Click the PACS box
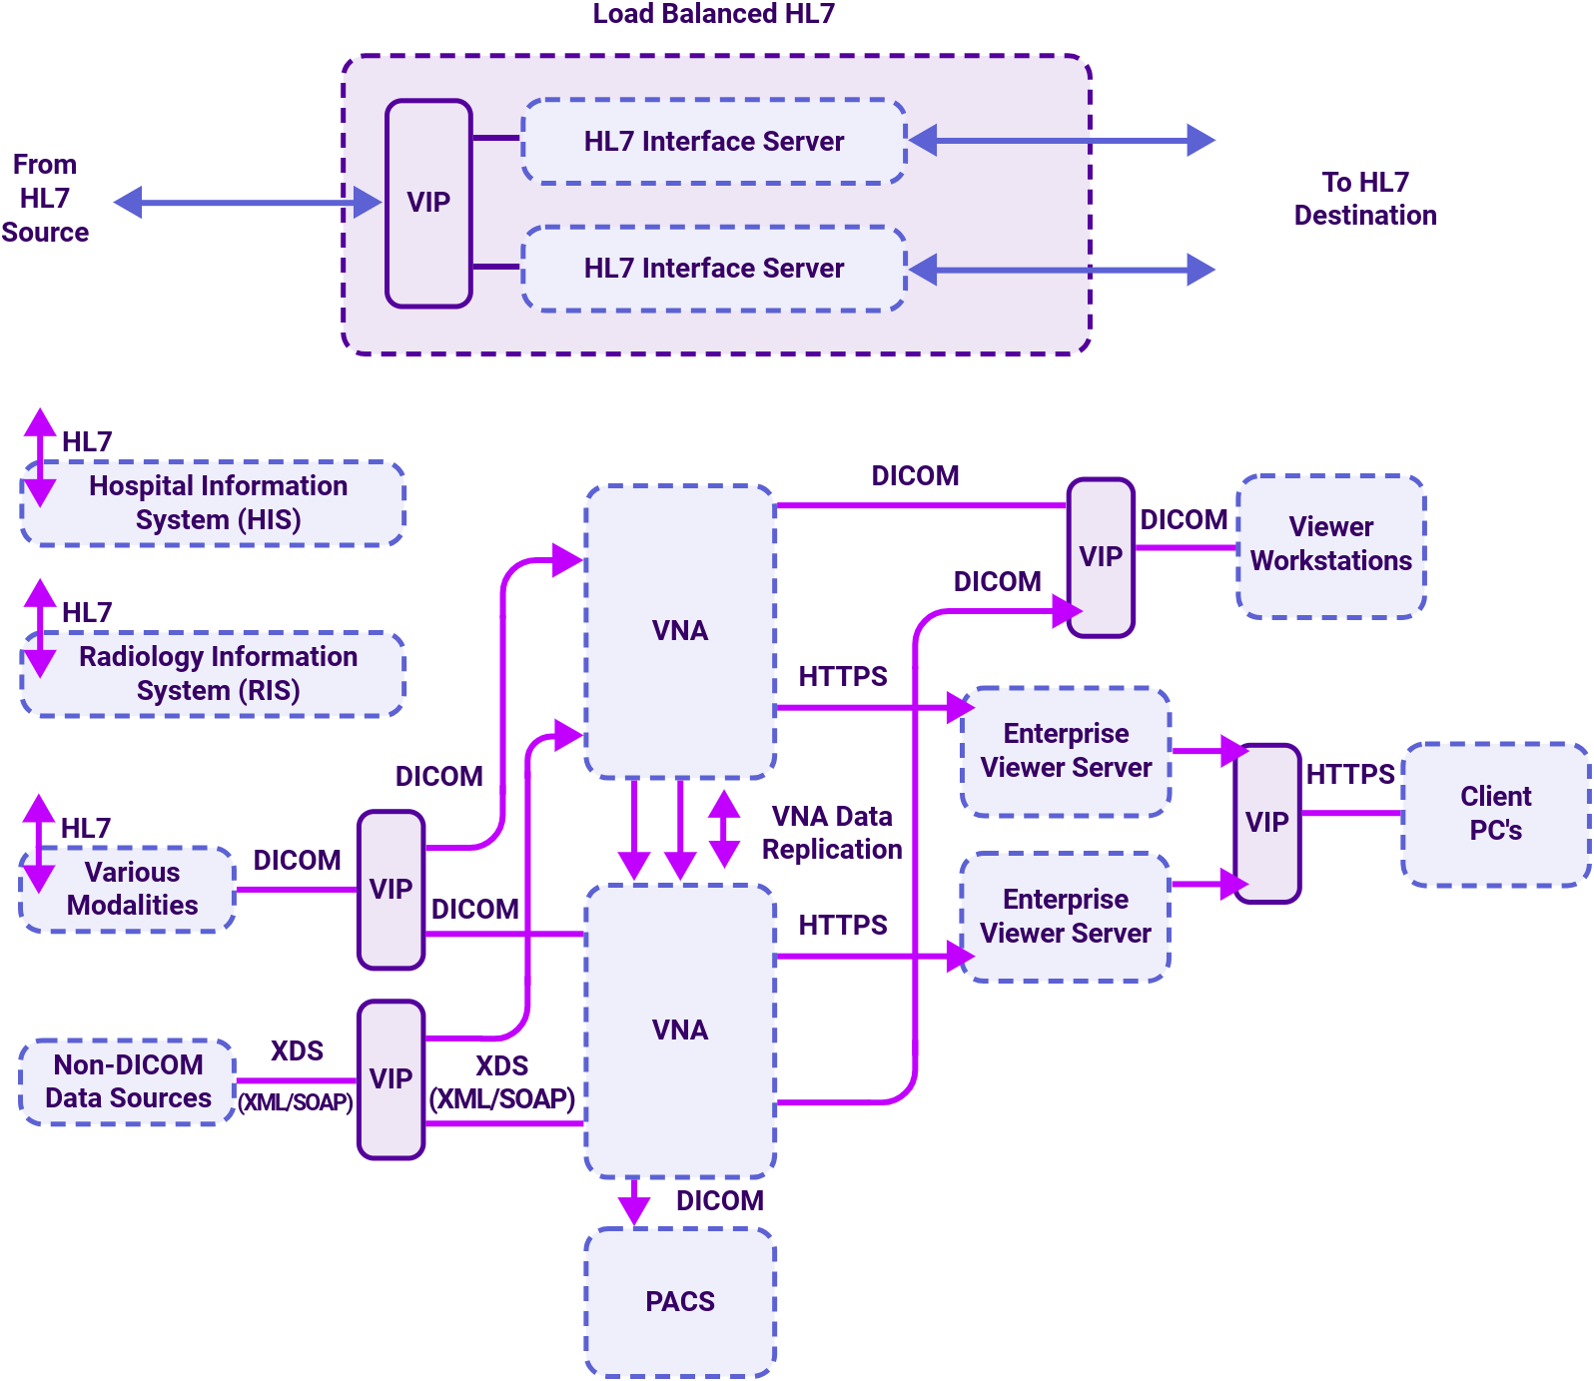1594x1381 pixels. click(x=680, y=1301)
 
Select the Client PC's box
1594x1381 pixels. click(x=1495, y=814)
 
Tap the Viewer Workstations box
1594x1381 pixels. click(x=1330, y=545)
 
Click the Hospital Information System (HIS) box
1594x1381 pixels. click(x=214, y=503)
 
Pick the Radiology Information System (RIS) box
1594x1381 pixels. click(x=214, y=674)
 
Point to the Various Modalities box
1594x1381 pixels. click(x=130, y=889)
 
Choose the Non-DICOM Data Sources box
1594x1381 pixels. click(x=128, y=1081)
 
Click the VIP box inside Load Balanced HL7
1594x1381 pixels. click(x=428, y=203)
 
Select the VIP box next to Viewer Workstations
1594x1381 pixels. click(x=1101, y=557)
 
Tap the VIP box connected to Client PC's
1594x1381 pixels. click(x=1266, y=823)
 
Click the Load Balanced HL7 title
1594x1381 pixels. click(x=713, y=14)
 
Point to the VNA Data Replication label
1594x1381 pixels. click(x=832, y=833)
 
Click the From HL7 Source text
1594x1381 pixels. click(x=45, y=198)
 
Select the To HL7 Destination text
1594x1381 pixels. click(x=1365, y=199)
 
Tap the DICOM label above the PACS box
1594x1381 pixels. click(x=719, y=1201)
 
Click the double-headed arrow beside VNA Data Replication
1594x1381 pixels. click(x=724, y=829)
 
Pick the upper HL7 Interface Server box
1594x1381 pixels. click(x=713, y=142)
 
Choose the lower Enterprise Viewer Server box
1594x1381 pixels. click(x=1066, y=917)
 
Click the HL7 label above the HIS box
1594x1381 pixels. click(x=87, y=441)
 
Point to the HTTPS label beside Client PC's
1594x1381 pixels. click(x=1349, y=775)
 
